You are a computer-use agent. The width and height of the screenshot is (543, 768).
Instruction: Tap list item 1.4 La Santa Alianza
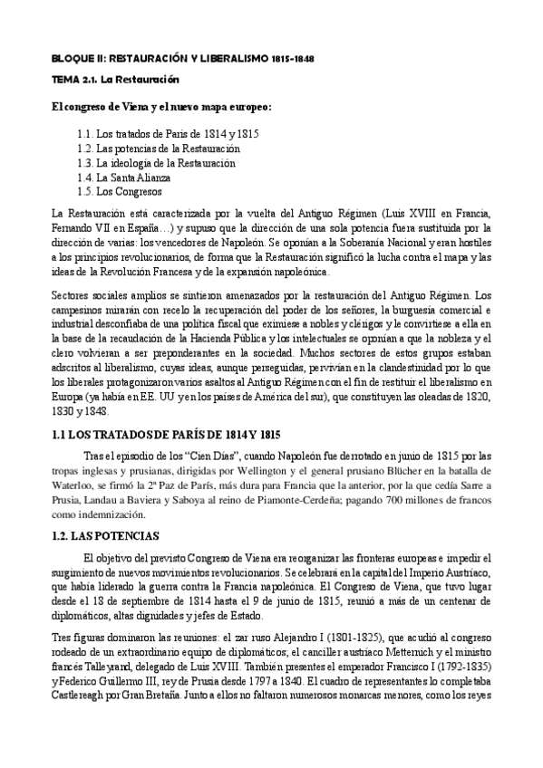click(x=122, y=178)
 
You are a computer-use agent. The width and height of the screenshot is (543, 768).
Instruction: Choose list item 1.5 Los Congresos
click(x=120, y=192)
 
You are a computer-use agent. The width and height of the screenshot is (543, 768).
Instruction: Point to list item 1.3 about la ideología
click(x=156, y=163)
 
